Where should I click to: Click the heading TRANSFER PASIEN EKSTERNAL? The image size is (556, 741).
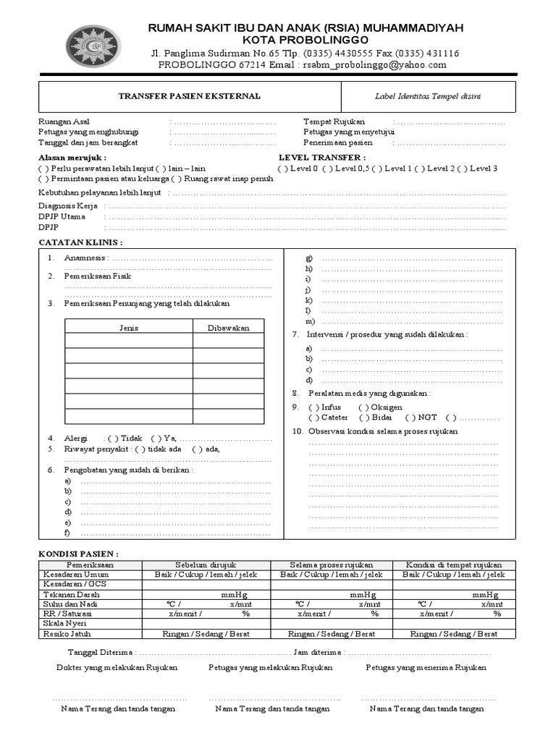[x=190, y=96]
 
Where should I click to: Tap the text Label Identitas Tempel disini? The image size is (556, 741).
[x=428, y=96]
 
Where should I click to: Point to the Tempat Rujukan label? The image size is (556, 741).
[x=334, y=122]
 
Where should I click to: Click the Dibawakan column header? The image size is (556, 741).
[x=228, y=328]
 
